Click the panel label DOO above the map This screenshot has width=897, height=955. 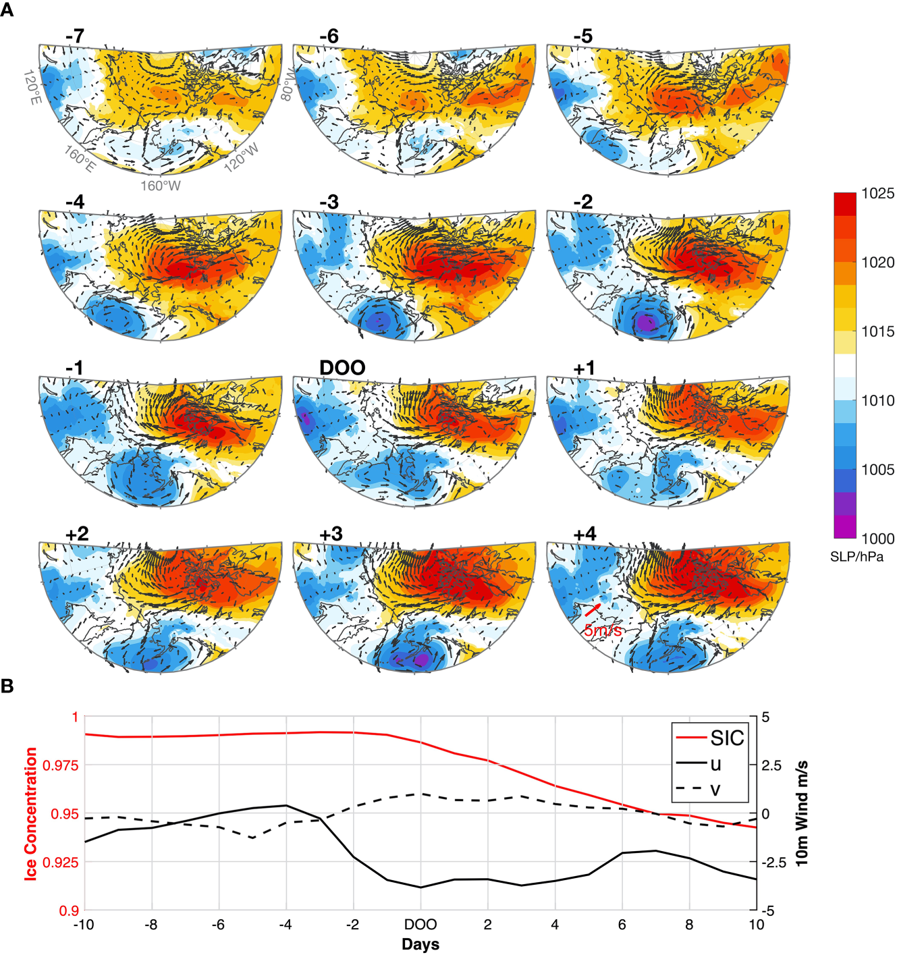342,368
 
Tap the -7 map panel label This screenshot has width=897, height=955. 75,36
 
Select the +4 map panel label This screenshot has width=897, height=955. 585,534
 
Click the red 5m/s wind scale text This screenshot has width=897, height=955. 603,630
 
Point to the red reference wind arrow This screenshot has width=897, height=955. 593,610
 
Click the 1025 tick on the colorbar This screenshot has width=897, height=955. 877,194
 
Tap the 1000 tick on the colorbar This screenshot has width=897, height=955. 877,539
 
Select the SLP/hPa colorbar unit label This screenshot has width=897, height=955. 856,557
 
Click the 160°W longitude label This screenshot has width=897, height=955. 161,186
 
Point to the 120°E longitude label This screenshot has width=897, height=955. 32,87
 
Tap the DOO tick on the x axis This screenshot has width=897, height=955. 420,925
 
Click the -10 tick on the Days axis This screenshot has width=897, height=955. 84,925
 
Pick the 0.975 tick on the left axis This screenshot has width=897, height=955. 61,765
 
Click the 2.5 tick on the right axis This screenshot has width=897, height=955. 771,765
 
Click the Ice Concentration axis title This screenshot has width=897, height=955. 30,813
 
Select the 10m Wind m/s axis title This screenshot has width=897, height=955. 801,813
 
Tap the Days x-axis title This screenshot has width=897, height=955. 420,944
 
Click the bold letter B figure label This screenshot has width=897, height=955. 7,686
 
